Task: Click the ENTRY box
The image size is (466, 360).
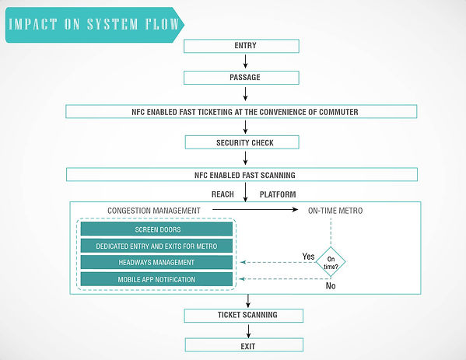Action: pos(241,46)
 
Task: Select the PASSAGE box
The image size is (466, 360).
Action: pos(241,78)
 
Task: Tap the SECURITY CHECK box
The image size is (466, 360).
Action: pos(242,142)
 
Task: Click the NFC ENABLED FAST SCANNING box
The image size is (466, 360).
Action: pos(242,175)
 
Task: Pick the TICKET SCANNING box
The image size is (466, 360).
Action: pos(244,316)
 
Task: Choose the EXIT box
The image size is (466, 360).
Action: pos(244,345)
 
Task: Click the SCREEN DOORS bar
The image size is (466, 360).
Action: pos(156,229)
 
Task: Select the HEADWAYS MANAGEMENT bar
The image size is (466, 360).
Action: pos(156,262)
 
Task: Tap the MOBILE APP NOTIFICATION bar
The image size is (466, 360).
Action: pos(156,279)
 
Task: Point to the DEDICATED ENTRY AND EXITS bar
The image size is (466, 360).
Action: pos(156,246)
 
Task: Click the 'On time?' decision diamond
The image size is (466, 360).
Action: pos(331,262)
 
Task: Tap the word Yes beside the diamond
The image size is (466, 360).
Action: pos(309,257)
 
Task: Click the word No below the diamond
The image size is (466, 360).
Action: pos(331,285)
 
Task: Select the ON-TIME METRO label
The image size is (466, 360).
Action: pos(335,211)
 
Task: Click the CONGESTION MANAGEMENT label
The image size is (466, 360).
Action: pos(154,211)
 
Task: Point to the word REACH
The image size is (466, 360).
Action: pos(222,194)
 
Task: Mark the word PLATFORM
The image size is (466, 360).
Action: pos(278,194)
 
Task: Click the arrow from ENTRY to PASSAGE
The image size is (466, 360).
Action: pos(245,61)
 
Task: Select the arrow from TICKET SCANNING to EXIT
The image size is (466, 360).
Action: pos(248,331)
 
